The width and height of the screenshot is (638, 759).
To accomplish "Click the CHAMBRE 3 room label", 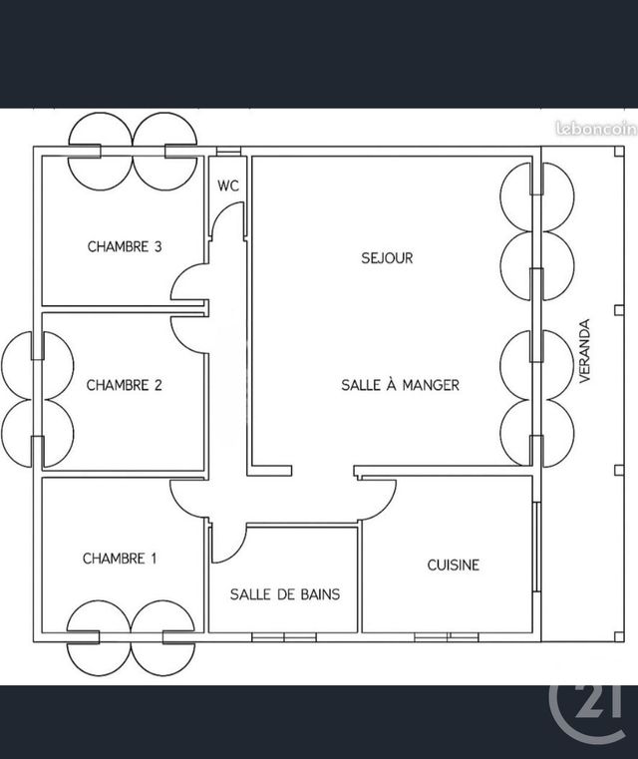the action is tap(125, 246).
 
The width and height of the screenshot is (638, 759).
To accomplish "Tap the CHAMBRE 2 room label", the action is tap(124, 385).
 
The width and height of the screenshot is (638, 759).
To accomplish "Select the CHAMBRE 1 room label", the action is tap(120, 559).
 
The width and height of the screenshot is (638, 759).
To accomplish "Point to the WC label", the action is tap(228, 186).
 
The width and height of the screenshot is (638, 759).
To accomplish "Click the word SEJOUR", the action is tap(387, 258).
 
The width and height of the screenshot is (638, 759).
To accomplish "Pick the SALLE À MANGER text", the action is tap(400, 385).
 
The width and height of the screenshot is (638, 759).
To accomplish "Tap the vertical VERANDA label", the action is tap(585, 351).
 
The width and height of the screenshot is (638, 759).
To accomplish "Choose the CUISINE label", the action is tap(454, 565).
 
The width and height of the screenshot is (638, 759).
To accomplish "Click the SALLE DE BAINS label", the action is tap(285, 594).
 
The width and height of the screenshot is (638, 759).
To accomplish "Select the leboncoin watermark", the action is tap(596, 129).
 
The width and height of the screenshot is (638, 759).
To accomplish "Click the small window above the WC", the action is tap(228, 151).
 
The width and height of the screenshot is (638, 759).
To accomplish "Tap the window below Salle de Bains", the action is tap(284, 637).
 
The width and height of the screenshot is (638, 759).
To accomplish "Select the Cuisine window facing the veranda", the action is tap(536, 547).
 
